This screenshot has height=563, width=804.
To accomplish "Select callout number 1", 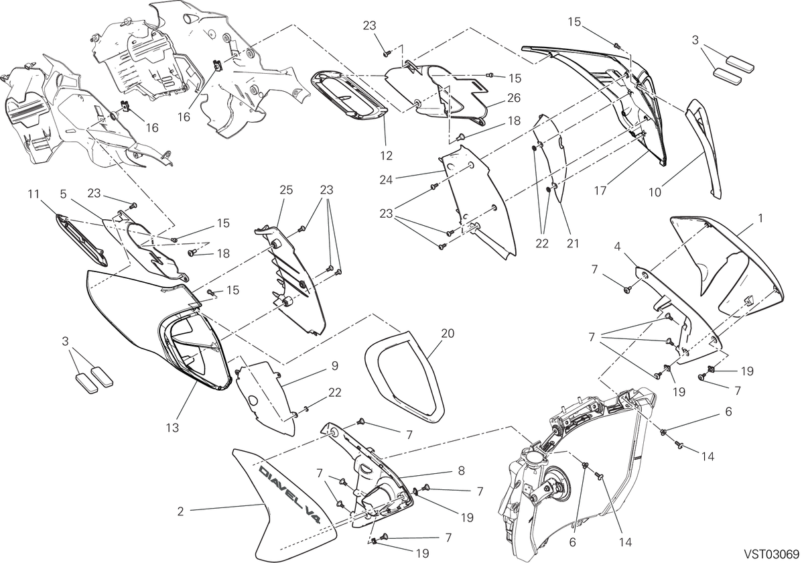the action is pyautogui.click(x=760, y=218).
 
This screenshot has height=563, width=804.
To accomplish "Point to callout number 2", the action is pyautogui.click(x=180, y=511).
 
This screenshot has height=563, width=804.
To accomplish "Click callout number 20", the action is pyautogui.click(x=448, y=334).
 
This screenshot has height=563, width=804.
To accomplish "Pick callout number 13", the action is pyautogui.click(x=172, y=428).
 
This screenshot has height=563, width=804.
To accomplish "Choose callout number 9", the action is pyautogui.click(x=334, y=366).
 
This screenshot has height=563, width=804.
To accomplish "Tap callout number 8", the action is pyautogui.click(x=461, y=471).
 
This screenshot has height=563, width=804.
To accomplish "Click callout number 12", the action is pyautogui.click(x=386, y=155).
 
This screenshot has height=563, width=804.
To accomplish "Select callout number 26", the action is pyautogui.click(x=514, y=98).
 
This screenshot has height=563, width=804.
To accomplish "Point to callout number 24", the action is pyautogui.click(x=386, y=180).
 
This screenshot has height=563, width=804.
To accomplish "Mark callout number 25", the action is pyautogui.click(x=287, y=190).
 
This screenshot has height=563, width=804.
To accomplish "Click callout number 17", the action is pyautogui.click(x=600, y=190).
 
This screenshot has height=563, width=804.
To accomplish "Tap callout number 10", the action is pyautogui.click(x=655, y=192).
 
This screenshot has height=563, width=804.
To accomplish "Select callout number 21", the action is pyautogui.click(x=573, y=243).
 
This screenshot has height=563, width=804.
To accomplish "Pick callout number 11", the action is pyautogui.click(x=33, y=194).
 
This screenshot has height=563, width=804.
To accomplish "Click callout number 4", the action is pyautogui.click(x=617, y=247).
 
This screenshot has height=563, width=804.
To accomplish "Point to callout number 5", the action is pyautogui.click(x=63, y=194).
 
